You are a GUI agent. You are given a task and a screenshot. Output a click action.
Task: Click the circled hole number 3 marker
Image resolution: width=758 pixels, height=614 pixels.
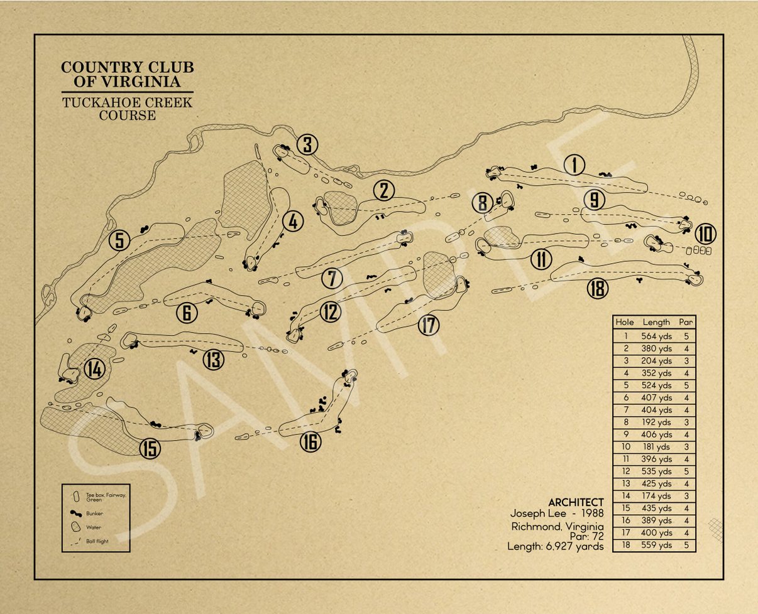click(x=307, y=145)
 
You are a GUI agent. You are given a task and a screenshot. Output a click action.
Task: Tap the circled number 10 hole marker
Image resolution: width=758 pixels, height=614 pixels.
click(x=705, y=234)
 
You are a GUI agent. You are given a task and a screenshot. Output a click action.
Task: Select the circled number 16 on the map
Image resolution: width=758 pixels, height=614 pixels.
click(x=310, y=442)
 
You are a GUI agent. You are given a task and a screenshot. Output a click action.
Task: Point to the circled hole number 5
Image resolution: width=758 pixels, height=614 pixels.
click(x=119, y=240)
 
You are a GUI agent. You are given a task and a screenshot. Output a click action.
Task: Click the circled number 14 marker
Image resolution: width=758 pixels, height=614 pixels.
click(x=94, y=370)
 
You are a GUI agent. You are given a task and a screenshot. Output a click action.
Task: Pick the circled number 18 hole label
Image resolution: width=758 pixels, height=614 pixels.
click(x=598, y=288)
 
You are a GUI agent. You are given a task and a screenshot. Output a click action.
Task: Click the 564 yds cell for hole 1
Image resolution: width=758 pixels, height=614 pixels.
click(x=657, y=336)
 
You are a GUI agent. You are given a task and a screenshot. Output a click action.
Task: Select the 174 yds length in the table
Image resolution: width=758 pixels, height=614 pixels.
click(x=657, y=496)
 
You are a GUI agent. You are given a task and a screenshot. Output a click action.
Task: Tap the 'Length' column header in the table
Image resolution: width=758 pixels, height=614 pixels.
click(x=657, y=321)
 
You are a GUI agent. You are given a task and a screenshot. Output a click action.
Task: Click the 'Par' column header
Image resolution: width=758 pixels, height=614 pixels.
click(x=686, y=321)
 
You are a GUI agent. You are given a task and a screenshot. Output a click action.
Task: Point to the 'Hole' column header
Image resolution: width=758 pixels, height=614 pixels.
click(x=625, y=321)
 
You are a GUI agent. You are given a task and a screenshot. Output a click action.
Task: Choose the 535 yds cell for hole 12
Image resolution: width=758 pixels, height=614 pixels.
click(x=657, y=471)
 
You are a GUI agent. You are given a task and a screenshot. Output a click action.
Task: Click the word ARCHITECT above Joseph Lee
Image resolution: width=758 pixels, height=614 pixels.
click(x=576, y=503)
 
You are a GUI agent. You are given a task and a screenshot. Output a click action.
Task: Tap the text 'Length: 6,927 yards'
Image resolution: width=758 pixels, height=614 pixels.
click(x=556, y=547)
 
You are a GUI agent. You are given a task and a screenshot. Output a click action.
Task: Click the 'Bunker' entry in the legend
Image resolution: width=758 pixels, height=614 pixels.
click(x=95, y=513)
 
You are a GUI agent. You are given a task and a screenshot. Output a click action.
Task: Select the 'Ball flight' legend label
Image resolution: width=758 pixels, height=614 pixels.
click(x=98, y=541)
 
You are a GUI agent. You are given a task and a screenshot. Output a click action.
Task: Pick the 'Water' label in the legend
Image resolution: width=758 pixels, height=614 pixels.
click(x=93, y=527)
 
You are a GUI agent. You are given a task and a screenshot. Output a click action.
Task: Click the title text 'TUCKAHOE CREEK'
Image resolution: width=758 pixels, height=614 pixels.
click(x=127, y=102)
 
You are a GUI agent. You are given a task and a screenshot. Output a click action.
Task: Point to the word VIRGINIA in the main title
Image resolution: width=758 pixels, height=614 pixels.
click(x=145, y=81)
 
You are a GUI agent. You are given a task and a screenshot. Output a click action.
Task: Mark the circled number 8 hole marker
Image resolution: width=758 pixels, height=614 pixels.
click(x=482, y=203)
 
